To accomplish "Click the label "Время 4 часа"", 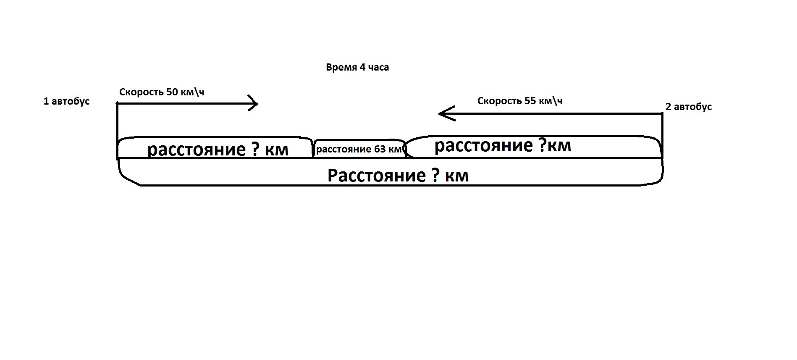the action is pyautogui.click(x=357, y=68).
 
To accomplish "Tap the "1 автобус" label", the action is pyautogui.click(x=66, y=102).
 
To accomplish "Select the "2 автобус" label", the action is pyautogui.click(x=689, y=107).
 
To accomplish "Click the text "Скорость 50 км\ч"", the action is pyautogui.click(x=162, y=92).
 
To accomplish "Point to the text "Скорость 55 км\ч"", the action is pyautogui.click(x=520, y=101).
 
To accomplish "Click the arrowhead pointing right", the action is pyautogui.click(x=253, y=103).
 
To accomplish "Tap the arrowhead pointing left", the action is pyautogui.click(x=447, y=113).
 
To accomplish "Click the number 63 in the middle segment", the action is pyautogui.click(x=380, y=150).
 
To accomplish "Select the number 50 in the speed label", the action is pyautogui.click(x=172, y=92).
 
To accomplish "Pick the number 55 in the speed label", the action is pyautogui.click(x=530, y=101).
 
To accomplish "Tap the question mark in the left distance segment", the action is pyautogui.click(x=255, y=150).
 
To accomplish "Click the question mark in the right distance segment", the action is pyautogui.click(x=540, y=145).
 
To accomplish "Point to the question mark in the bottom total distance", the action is pyautogui.click(x=435, y=175).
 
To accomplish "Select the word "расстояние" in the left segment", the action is pyautogui.click(x=197, y=150).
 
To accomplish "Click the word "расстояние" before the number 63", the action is pyautogui.click(x=344, y=150).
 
